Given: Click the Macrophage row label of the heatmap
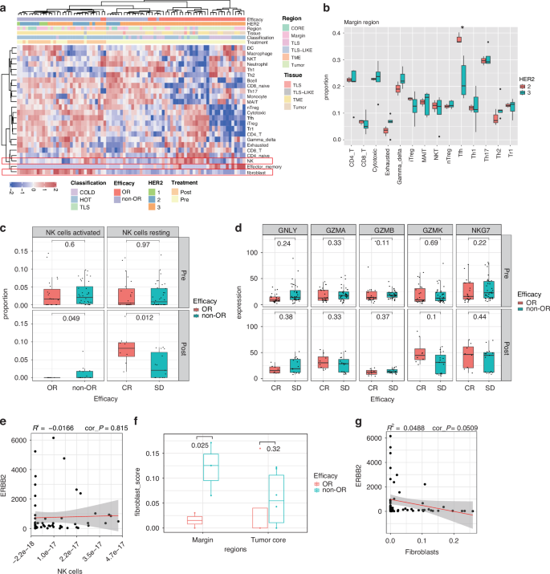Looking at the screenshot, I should [259, 55].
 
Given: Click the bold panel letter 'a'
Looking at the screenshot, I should [5, 7].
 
